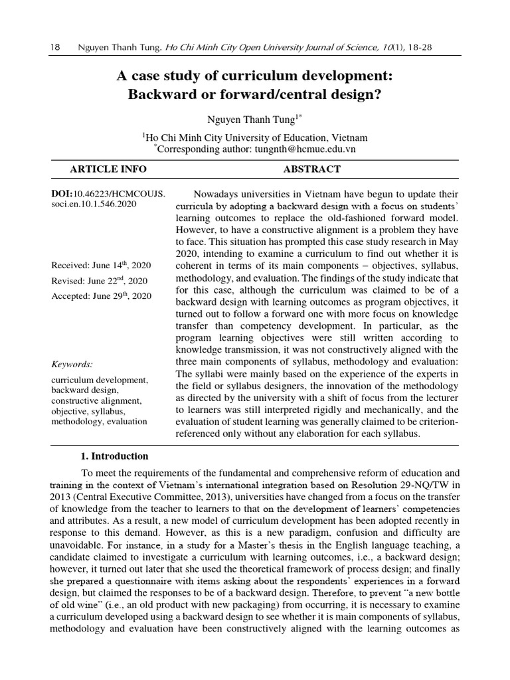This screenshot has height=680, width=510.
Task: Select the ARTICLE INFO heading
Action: click(108, 169)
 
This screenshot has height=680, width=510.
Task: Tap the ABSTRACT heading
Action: click(311, 169)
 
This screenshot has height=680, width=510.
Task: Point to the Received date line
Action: click(101, 265)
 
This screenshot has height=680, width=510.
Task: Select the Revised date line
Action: click(99, 280)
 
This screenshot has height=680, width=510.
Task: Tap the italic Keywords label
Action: click(72, 364)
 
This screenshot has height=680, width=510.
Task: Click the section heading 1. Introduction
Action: click(114, 456)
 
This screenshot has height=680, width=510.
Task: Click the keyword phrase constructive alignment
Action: click(96, 401)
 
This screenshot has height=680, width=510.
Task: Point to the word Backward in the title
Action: click(158, 94)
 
